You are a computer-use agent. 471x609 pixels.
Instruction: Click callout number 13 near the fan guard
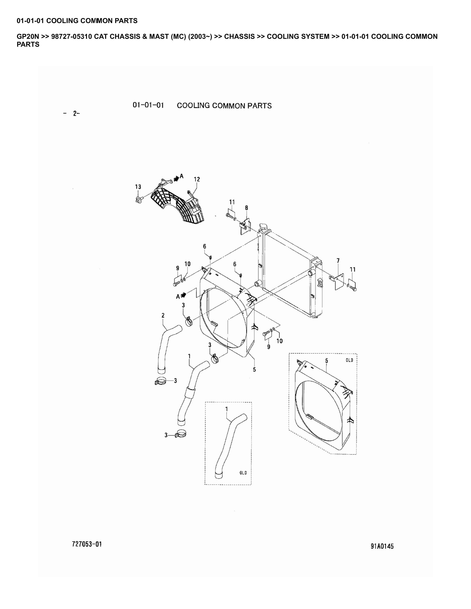[138, 187]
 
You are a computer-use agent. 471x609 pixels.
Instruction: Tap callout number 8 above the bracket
[246, 208]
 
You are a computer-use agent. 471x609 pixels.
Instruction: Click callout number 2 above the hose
[163, 315]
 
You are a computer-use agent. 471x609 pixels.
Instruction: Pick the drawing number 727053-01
[87, 544]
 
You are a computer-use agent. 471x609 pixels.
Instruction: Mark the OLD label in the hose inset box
[243, 473]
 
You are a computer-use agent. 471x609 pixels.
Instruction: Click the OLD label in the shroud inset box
[349, 360]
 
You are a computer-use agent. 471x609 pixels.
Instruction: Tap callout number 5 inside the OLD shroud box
[327, 361]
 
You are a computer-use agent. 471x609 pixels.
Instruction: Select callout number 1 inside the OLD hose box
[227, 409]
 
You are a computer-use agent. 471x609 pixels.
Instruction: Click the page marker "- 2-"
[72, 113]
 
